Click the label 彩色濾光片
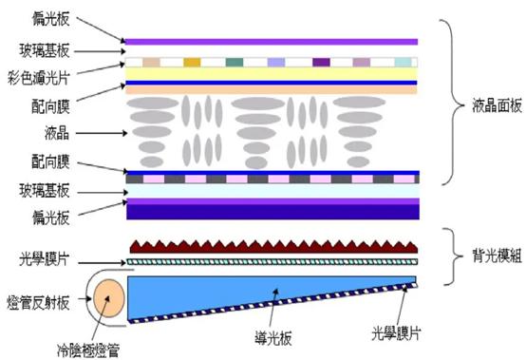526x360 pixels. pyautogui.click(x=31, y=75)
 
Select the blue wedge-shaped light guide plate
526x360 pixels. pyautogui.click(x=237, y=290)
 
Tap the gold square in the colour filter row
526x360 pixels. pyautogui.click(x=193, y=62)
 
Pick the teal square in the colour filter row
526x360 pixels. pyautogui.click(x=235, y=62)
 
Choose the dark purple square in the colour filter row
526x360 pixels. pyautogui.click(x=320, y=62)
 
